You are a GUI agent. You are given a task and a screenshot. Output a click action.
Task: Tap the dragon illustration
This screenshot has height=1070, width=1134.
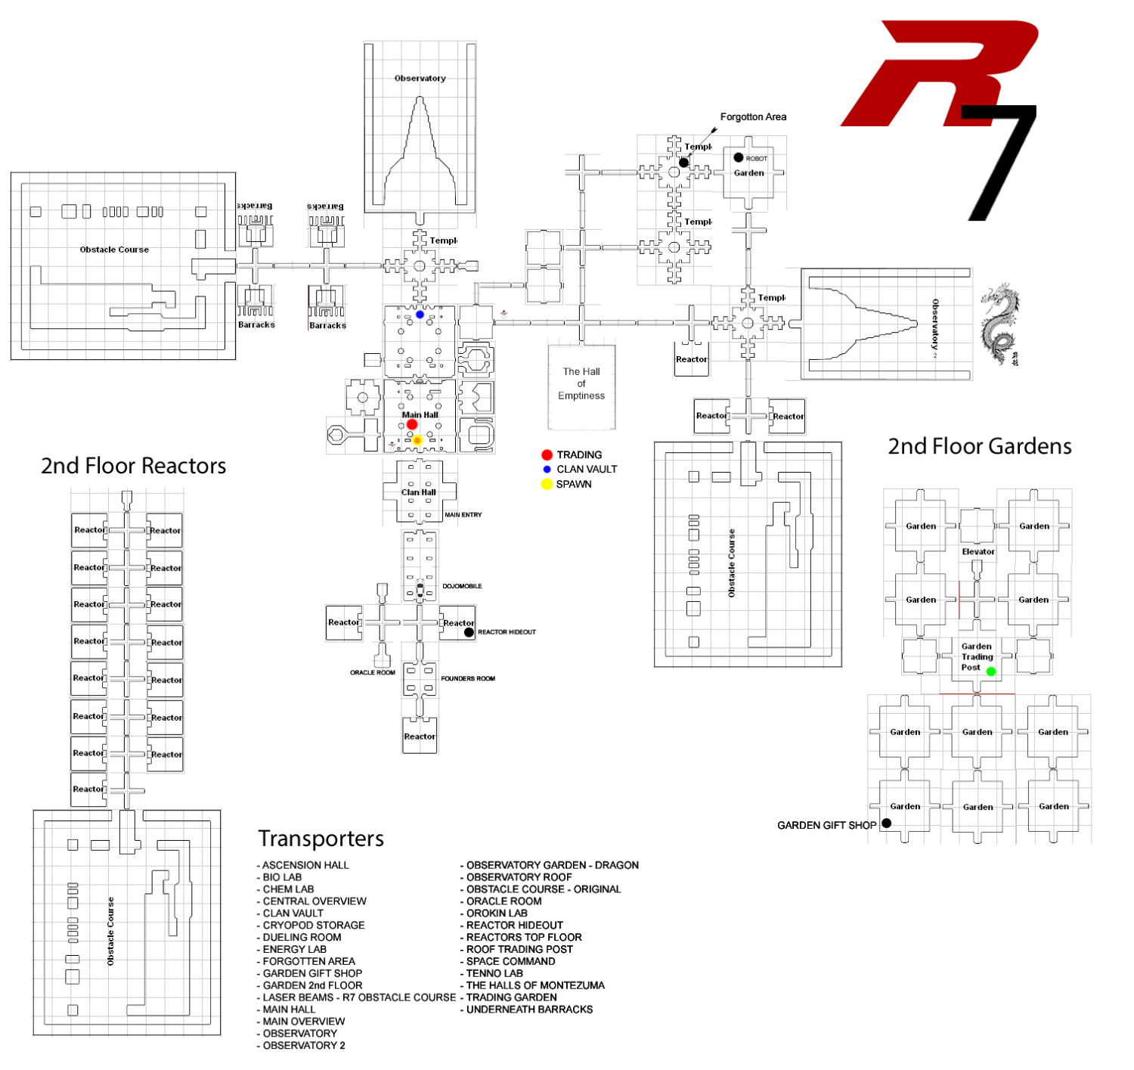click(x=1000, y=325)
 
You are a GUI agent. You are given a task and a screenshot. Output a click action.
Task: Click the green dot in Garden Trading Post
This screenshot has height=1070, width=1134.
click(x=991, y=671)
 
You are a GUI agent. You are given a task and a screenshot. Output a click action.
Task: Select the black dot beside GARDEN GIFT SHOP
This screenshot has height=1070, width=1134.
click(x=887, y=823)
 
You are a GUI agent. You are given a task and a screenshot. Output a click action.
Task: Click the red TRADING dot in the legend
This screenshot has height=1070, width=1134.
click(x=547, y=454)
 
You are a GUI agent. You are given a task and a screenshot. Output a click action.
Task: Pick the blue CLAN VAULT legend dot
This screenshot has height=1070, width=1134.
click(x=547, y=470)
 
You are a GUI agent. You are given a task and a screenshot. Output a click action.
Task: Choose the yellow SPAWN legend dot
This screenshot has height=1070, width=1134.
click(x=547, y=484)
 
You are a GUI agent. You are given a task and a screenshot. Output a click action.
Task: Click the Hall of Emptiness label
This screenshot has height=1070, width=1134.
click(x=581, y=383)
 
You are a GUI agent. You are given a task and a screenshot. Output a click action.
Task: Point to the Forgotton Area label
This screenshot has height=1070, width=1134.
click(x=753, y=117)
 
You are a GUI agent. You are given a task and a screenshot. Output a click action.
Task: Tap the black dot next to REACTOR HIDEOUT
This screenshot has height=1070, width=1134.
click(x=469, y=632)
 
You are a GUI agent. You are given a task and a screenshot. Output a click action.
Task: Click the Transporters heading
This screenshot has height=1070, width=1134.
click(x=321, y=839)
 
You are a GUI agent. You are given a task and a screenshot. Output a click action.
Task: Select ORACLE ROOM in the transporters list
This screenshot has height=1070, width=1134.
click(x=503, y=901)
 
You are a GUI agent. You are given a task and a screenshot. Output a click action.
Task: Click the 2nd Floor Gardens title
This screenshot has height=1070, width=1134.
click(x=979, y=446)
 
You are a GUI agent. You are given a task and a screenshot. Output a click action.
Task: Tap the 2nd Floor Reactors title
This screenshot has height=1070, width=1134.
click(x=133, y=466)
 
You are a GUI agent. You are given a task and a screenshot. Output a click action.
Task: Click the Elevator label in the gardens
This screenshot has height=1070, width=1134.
click(x=978, y=552)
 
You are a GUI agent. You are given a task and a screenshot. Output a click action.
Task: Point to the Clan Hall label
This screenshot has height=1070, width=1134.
click(x=419, y=492)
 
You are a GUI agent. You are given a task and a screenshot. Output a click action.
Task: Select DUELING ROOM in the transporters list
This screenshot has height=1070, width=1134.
click(x=302, y=938)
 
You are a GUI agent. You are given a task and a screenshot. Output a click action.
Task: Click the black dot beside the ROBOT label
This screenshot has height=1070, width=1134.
click(x=739, y=158)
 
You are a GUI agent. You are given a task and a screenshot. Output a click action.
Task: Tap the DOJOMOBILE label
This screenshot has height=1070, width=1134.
click(x=462, y=586)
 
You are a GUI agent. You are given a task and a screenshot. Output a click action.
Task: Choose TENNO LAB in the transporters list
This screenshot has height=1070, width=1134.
click(x=494, y=974)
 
